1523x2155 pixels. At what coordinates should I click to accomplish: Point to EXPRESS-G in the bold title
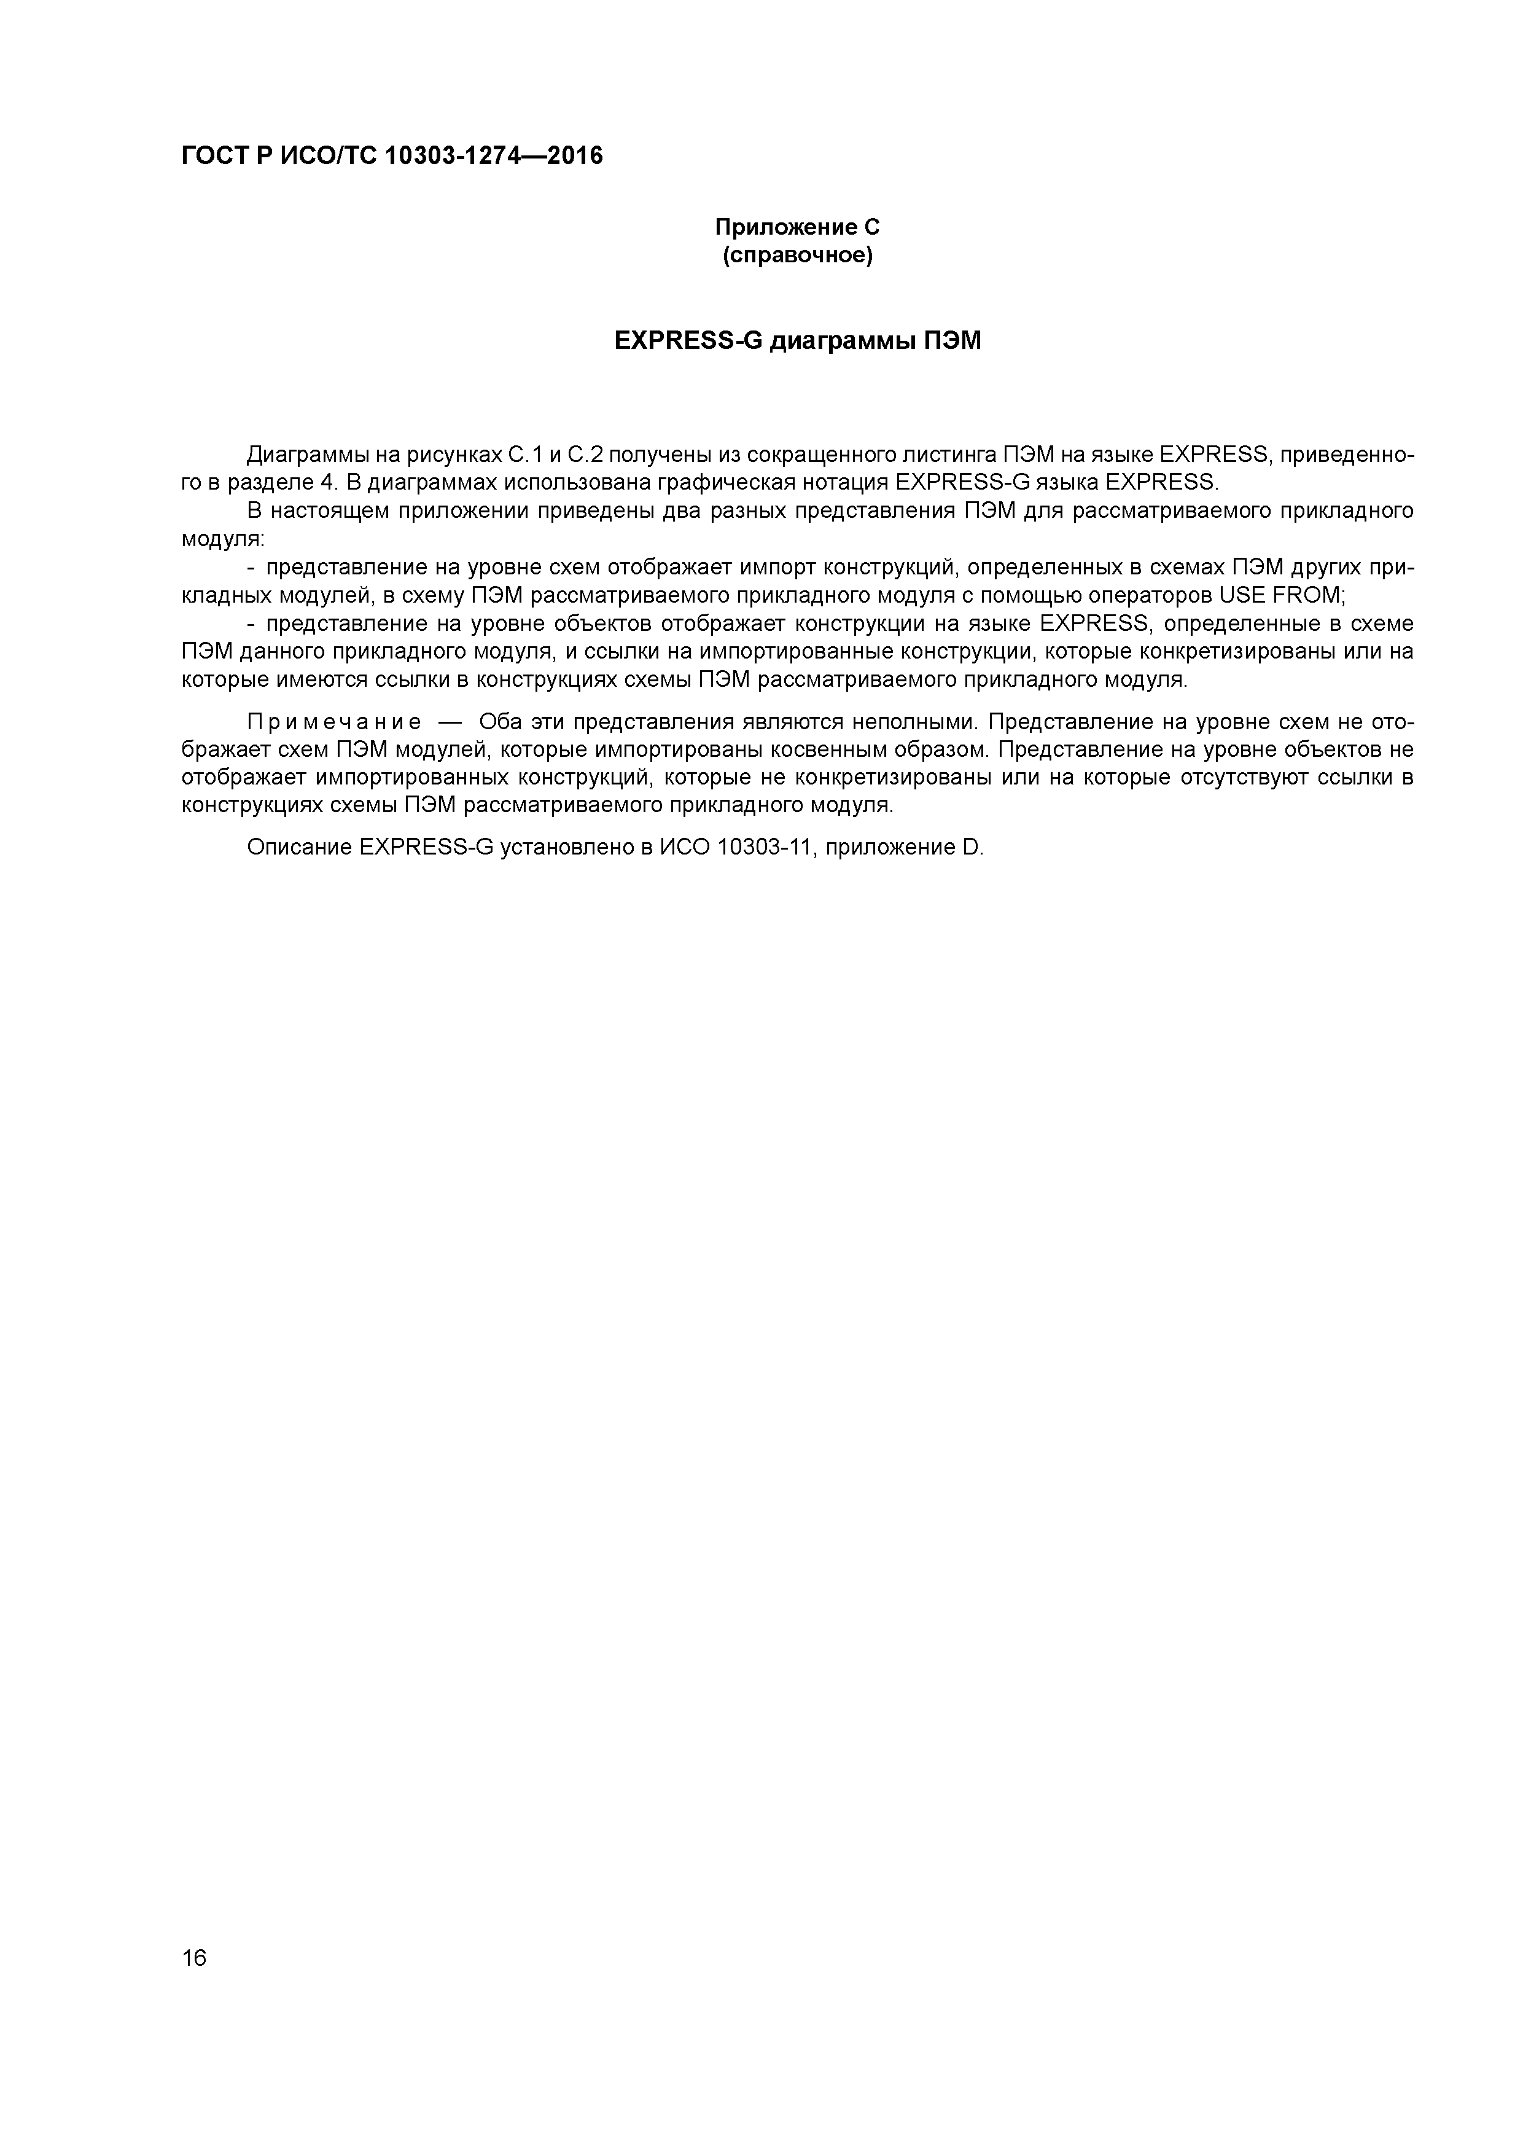click(688, 341)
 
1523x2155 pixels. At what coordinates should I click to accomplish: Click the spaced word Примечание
click(334, 722)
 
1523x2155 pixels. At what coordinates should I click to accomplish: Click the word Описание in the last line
click(299, 848)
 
